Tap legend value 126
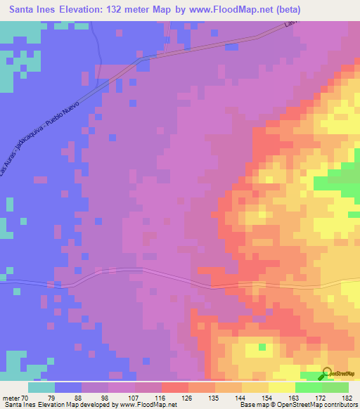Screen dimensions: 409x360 click(x=186, y=397)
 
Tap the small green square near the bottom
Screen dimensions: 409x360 click(x=262, y=346)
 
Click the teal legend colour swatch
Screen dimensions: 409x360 click(x=42, y=387)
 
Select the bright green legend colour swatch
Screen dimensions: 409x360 click(x=308, y=387)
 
